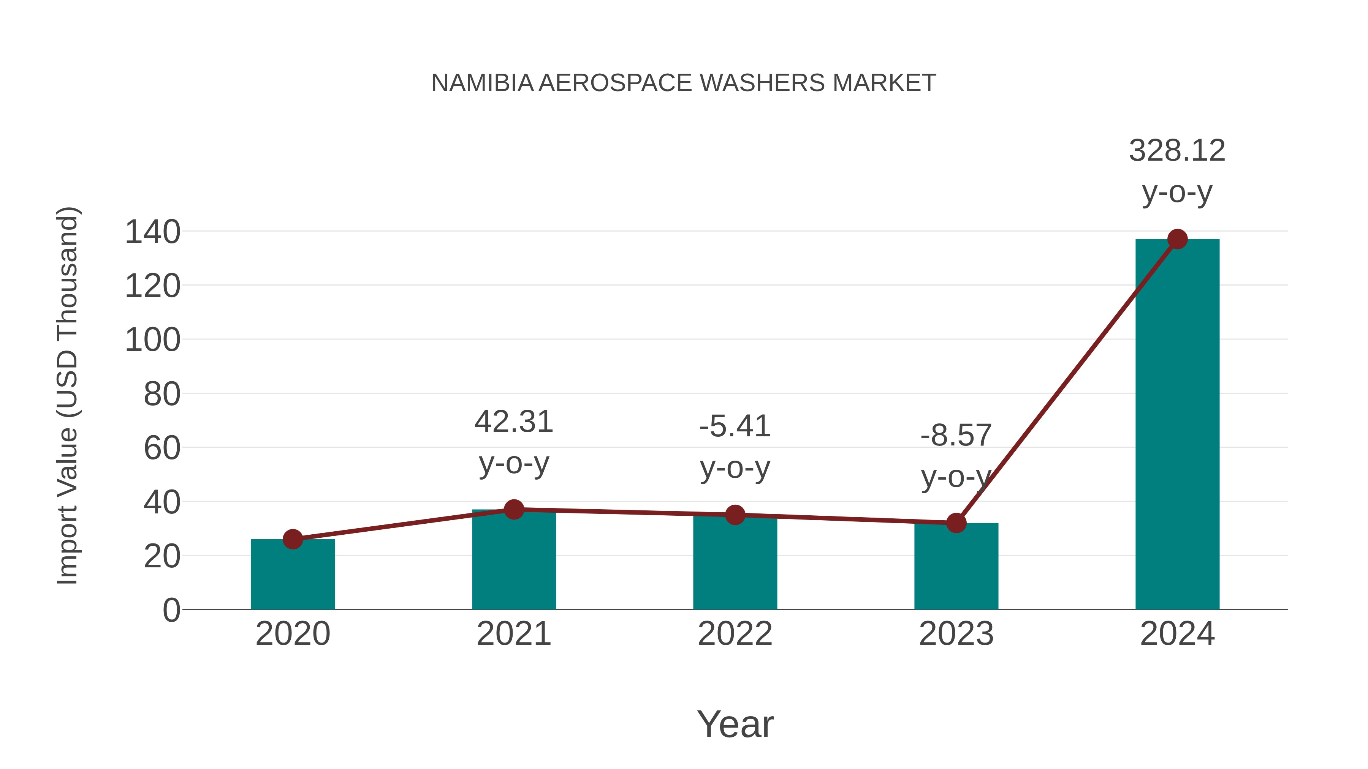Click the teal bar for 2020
(x=293, y=576)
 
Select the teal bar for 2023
(x=956, y=568)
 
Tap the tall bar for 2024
(x=1177, y=425)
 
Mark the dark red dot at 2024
(x=1177, y=239)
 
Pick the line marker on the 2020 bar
(x=293, y=539)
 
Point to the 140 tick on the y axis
(x=152, y=232)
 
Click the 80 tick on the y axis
(x=162, y=395)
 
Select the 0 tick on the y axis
(x=171, y=610)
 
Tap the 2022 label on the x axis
(x=735, y=634)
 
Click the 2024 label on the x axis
(x=1177, y=634)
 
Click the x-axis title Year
(x=735, y=725)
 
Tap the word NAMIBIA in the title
(x=482, y=83)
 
